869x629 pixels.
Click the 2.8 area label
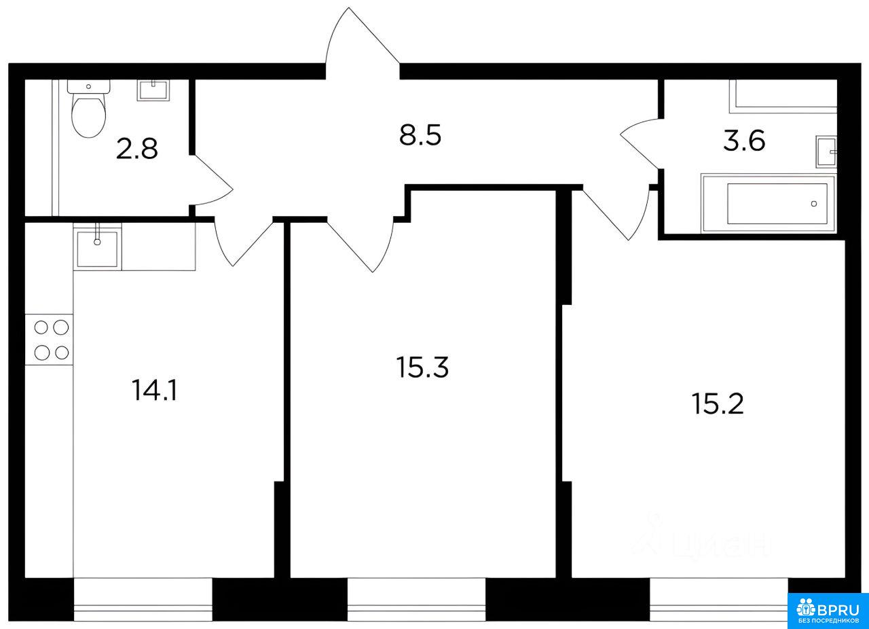coord(136,149)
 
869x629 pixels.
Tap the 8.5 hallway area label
coord(420,135)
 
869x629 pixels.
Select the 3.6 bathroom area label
coord(744,141)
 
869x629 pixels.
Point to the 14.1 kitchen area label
coord(154,390)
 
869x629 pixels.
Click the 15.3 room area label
coord(422,367)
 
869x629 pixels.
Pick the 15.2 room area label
coord(718,403)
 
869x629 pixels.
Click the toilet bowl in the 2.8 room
coord(89,109)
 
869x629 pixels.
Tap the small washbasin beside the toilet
coord(153,90)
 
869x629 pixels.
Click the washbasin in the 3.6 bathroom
coord(826,151)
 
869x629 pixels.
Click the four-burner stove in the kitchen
coord(49,340)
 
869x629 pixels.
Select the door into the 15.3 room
coord(360,245)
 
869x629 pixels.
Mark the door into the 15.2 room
coord(616,213)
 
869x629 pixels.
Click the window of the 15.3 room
coord(416,599)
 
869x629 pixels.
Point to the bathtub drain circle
coord(813,204)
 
